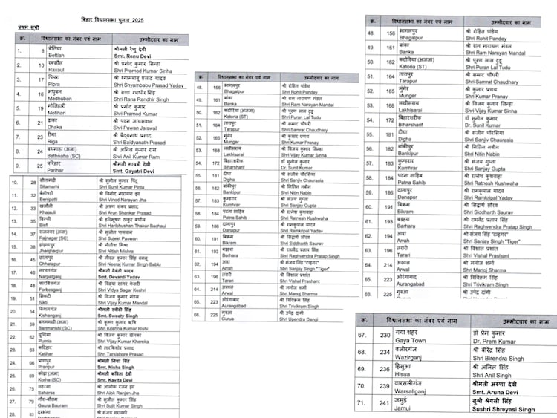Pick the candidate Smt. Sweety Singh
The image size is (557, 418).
click(x=117, y=336)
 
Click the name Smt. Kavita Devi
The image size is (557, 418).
click(x=115, y=399)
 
